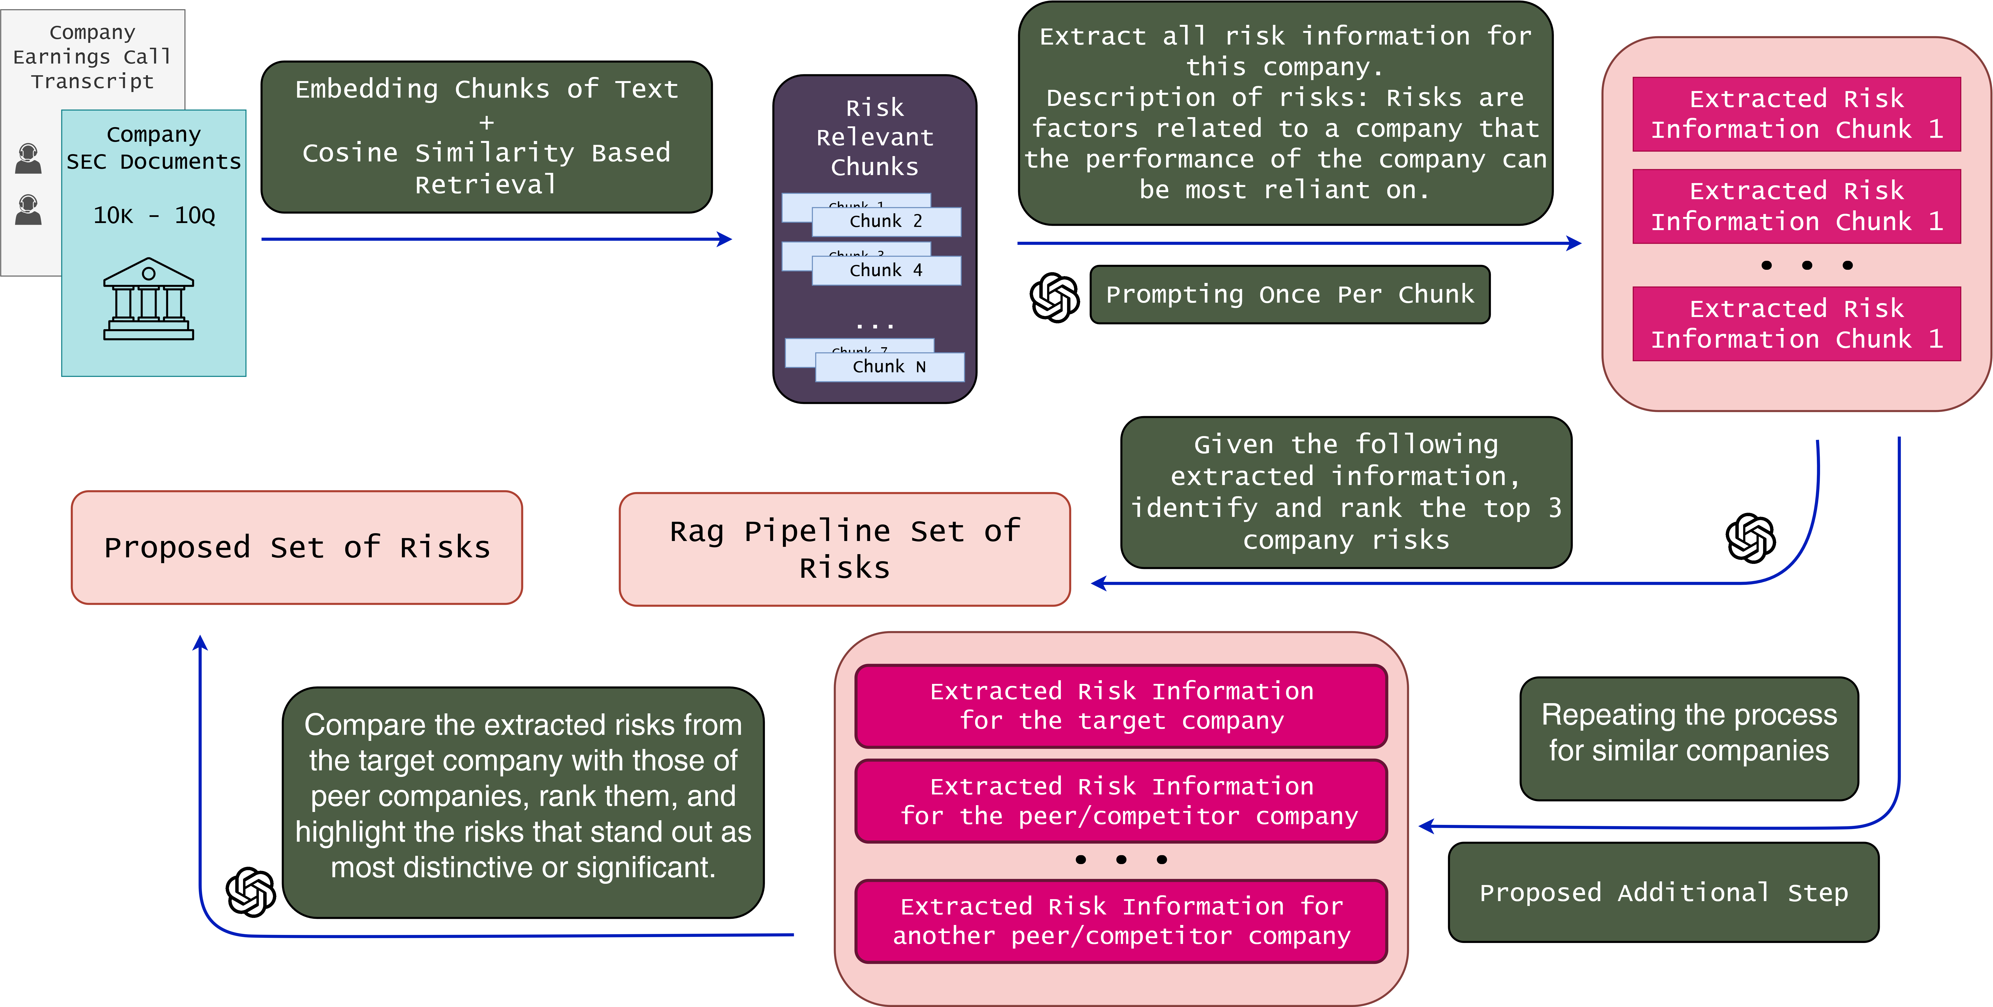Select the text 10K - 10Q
pos(154,215)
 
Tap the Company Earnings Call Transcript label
pos(92,56)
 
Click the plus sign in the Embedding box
pos(486,121)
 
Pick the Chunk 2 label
pos(886,221)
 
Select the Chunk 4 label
pos(886,270)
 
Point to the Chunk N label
pos(889,367)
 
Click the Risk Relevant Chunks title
pos(874,137)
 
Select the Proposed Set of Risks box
pos(297,547)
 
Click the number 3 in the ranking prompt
pos(1554,508)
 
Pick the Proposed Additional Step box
pos(1663,892)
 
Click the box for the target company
pos(1121,706)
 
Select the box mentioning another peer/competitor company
pos(1121,921)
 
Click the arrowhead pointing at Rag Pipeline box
pos(1098,583)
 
